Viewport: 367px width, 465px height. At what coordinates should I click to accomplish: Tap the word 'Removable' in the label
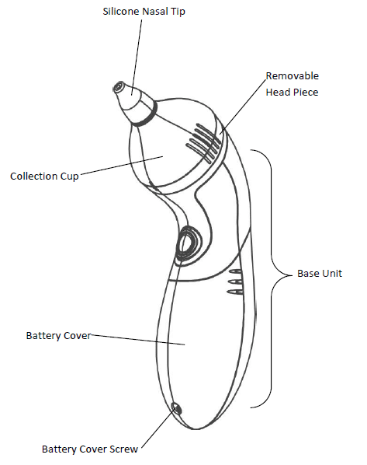tap(293, 76)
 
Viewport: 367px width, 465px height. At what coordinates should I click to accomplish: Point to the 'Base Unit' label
tap(320, 274)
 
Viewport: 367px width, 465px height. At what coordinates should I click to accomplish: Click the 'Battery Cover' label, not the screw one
tap(59, 336)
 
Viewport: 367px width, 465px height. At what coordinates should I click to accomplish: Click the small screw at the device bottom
tap(177, 408)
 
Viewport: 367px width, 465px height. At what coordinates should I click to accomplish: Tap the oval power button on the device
tap(187, 243)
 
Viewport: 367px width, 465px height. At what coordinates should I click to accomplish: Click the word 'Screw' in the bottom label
tap(124, 449)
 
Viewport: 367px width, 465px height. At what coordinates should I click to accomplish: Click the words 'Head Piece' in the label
tap(293, 92)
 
